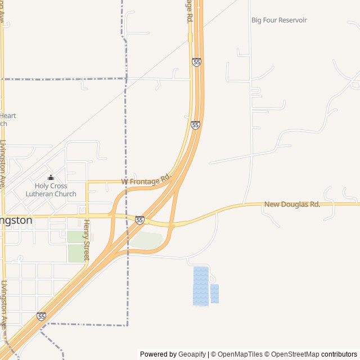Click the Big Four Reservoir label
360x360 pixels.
[279, 20]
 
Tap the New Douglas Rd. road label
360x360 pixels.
[292, 204]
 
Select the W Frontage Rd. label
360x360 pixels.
[146, 180]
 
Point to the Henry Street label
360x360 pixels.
[87, 239]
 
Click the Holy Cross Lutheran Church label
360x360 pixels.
[51, 190]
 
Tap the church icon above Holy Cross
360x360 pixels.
[51, 178]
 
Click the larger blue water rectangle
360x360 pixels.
[201, 286]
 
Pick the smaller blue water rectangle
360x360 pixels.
[214, 294]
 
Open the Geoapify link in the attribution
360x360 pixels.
[192, 354]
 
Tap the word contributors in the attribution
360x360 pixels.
[339, 354]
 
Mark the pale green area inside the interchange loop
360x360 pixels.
[147, 240]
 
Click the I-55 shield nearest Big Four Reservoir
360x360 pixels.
[196, 62]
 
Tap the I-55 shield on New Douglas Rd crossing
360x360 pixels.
[139, 220]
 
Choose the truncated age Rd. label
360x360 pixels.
[190, 11]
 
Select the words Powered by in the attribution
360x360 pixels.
[158, 354]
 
